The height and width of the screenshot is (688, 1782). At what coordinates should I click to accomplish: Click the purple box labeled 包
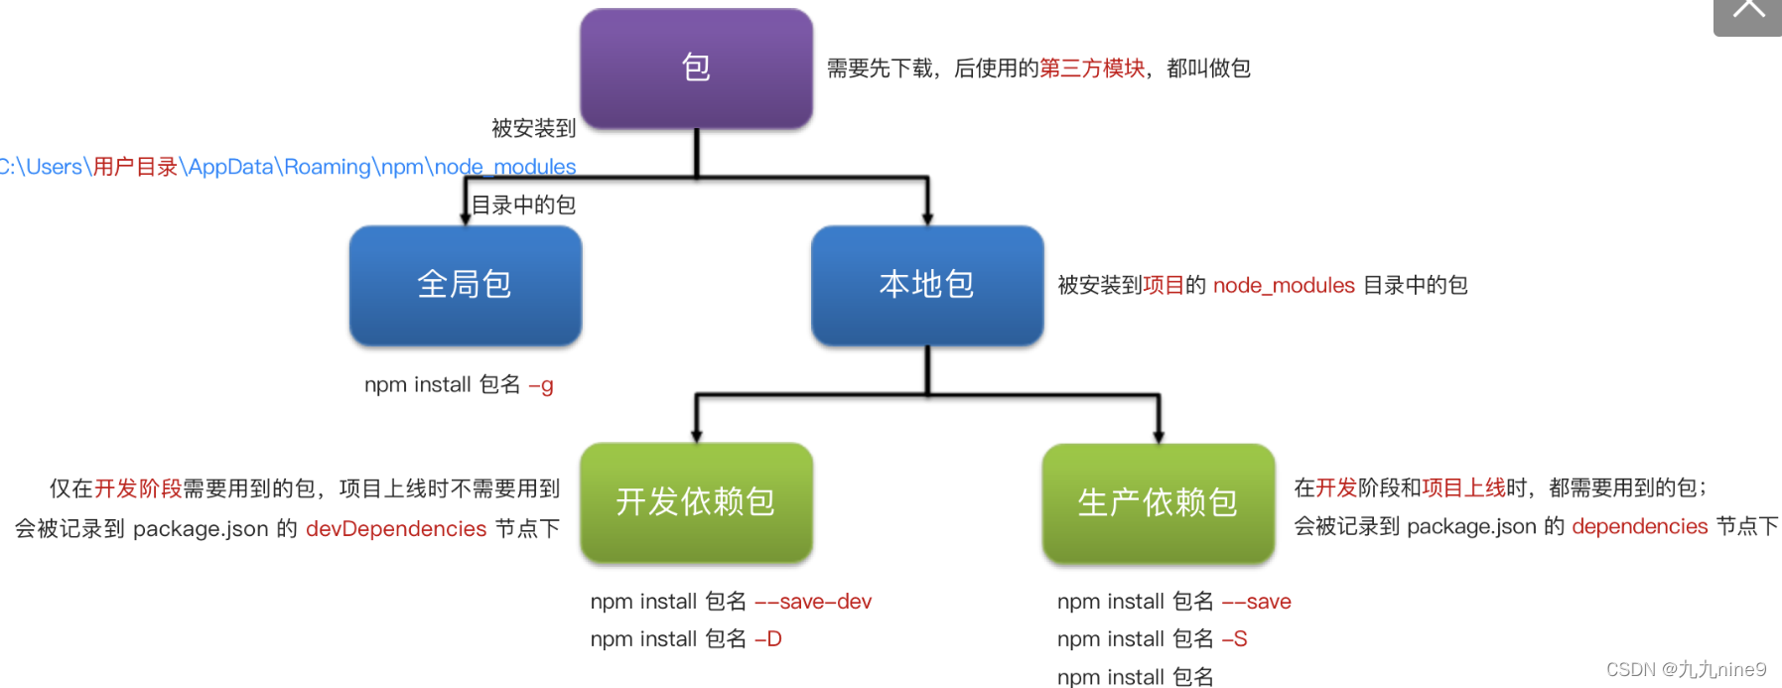[x=696, y=68]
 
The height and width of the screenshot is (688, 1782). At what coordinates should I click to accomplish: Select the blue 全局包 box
[x=465, y=285]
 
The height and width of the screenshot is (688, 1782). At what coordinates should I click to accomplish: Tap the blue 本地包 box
[x=926, y=285]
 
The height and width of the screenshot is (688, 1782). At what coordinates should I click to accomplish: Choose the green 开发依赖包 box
[x=696, y=502]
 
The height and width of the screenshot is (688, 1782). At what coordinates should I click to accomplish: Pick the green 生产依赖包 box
[x=1158, y=502]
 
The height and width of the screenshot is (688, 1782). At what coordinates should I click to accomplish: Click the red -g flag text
[x=541, y=385]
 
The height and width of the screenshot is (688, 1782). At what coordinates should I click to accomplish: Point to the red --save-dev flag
[x=813, y=602]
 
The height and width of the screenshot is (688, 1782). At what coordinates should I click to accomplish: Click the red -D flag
[x=768, y=639]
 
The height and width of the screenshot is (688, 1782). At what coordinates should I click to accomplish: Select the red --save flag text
[x=1256, y=602]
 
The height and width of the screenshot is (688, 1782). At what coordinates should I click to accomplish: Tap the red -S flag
[x=1234, y=639]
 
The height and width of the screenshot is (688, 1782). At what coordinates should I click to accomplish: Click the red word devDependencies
[x=396, y=529]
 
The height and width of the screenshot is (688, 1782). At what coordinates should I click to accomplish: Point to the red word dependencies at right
[x=1639, y=527]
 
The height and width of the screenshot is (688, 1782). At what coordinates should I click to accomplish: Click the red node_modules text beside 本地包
[x=1283, y=286]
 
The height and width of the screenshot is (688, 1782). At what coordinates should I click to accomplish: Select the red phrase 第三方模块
[x=1092, y=69]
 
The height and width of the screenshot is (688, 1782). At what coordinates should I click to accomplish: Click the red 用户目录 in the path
[x=135, y=167]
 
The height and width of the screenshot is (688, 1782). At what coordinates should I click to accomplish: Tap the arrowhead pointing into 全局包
[x=466, y=217]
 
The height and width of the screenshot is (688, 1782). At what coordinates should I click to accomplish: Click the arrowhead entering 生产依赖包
[x=1159, y=436]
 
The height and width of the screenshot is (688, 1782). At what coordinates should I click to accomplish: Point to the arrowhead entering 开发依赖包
[x=697, y=436]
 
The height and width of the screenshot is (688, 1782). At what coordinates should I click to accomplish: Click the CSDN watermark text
[x=1686, y=670]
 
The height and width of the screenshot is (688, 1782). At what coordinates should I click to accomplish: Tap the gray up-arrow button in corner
[x=1748, y=14]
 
